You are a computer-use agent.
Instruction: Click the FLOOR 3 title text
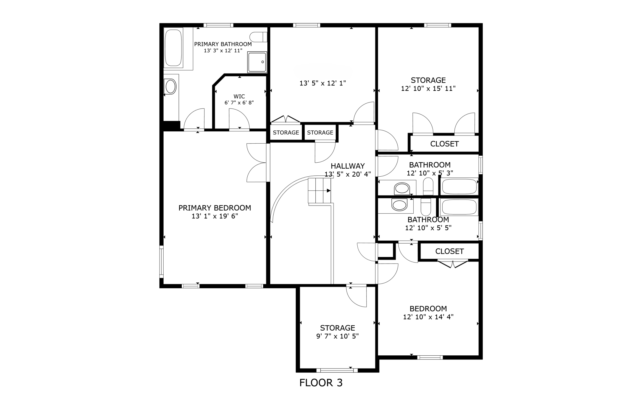(321, 383)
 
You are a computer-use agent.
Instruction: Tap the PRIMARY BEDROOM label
(215, 208)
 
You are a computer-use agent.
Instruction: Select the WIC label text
(239, 97)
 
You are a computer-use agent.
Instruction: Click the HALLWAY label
(348, 166)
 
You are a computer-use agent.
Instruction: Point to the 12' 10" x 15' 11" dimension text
(428, 88)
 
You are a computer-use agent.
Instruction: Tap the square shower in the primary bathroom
(257, 62)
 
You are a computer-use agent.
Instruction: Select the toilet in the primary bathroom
(258, 37)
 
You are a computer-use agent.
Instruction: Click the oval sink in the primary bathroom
(170, 87)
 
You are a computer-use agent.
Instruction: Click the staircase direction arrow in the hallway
(329, 191)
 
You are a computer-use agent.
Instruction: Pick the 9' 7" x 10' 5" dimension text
(337, 336)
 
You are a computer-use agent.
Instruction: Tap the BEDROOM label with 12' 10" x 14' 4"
(428, 309)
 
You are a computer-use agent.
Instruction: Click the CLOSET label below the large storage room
(444, 144)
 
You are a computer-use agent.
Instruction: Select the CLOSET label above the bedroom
(449, 251)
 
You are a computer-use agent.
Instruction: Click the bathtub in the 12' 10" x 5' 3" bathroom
(459, 186)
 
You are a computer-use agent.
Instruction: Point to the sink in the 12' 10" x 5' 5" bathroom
(399, 205)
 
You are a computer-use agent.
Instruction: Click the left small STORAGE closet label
(286, 133)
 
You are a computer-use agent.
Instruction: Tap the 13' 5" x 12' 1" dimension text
(322, 83)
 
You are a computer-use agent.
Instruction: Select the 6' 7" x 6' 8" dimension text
(239, 103)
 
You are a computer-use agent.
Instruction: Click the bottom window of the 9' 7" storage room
(337, 371)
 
